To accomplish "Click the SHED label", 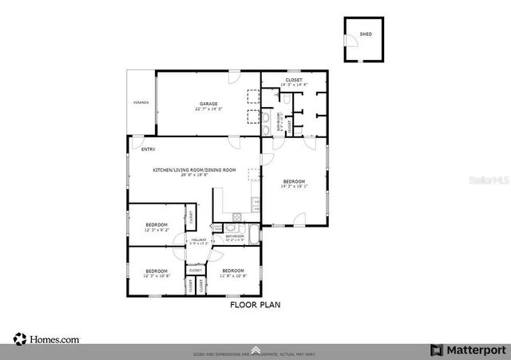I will pyautogui.click(x=366, y=34).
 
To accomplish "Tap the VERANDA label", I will pyautogui.click(x=141, y=104).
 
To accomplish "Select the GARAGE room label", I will pyautogui.click(x=208, y=103).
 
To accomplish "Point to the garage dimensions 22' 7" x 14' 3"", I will pyautogui.click(x=208, y=109).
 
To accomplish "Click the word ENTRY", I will pyautogui.click(x=148, y=149).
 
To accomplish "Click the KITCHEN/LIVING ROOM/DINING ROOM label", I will pyautogui.click(x=195, y=170).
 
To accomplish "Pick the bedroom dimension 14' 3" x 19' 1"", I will pyautogui.click(x=294, y=187).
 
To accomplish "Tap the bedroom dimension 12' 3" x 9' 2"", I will pyautogui.click(x=156, y=230).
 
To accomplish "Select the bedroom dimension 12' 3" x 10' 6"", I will pyautogui.click(x=156, y=275).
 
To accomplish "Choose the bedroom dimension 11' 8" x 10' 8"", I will pyautogui.click(x=234, y=275).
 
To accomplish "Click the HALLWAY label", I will pyautogui.click(x=199, y=239).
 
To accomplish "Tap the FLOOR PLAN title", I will pyautogui.click(x=255, y=304).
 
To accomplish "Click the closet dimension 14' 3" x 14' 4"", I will pyautogui.click(x=294, y=85).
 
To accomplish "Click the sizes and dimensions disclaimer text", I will pyautogui.click(x=255, y=354).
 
